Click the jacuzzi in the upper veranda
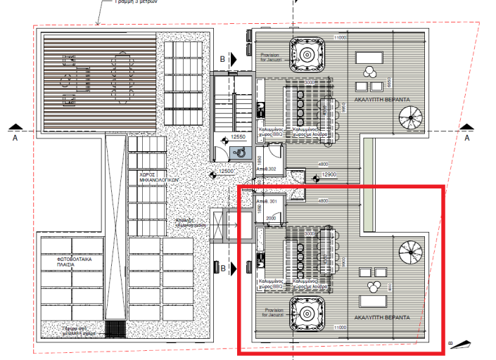[307, 54]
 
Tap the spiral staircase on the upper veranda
[412, 117]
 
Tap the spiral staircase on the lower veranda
[412, 252]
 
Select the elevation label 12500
[226, 171]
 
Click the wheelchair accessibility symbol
[241, 150]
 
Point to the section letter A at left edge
[15, 139]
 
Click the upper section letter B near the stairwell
[223, 60]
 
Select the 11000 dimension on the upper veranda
[341, 37]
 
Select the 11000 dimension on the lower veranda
[341, 328]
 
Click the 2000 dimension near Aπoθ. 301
[272, 218]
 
